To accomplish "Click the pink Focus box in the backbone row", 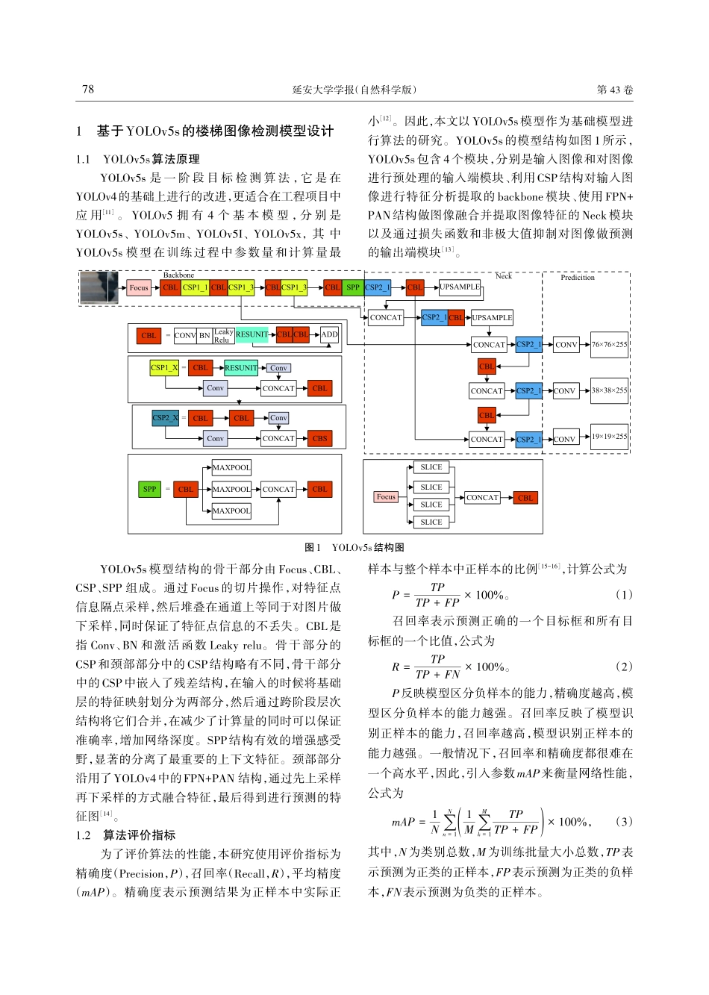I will click(x=139, y=287).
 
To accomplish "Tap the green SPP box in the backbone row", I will click(x=353, y=287).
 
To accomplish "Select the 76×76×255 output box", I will click(x=609, y=344).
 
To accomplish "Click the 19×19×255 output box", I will click(x=609, y=437).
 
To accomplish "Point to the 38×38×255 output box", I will click(x=609, y=390).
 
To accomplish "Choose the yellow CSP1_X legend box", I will click(x=164, y=367).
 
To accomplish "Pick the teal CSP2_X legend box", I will click(x=165, y=418).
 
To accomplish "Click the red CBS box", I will click(x=320, y=439).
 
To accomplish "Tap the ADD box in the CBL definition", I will click(x=329, y=335).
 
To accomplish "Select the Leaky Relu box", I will click(x=223, y=336).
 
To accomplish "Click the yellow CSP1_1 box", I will click(x=196, y=287).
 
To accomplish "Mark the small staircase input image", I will click(x=99, y=287).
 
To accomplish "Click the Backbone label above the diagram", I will click(x=178, y=275).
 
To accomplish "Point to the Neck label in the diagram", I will click(x=504, y=276).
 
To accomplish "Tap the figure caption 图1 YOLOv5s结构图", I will click(x=354, y=547).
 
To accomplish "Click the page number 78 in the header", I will click(x=88, y=90).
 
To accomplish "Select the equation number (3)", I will click(x=624, y=822).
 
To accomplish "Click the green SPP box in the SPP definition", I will click(x=150, y=490).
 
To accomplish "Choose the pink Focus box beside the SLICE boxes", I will click(x=386, y=497).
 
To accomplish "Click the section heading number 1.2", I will click(x=84, y=835).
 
